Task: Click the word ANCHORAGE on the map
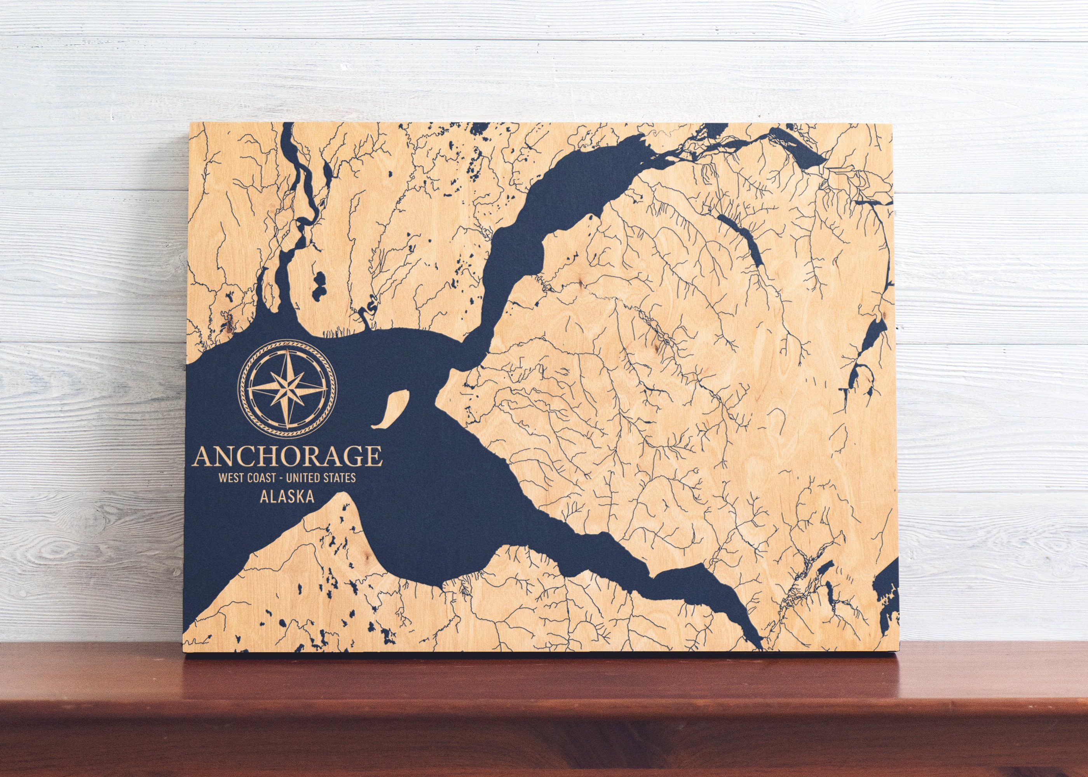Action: click(288, 456)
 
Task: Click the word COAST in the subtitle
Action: click(261, 478)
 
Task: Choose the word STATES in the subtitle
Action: click(341, 478)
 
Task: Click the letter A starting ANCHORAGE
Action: click(202, 456)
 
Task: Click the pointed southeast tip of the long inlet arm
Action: click(761, 647)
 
